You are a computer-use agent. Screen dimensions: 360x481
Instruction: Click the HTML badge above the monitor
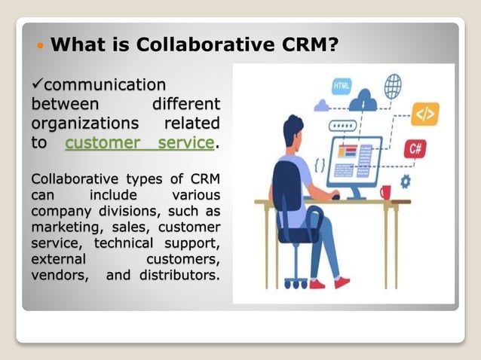[x=341, y=85]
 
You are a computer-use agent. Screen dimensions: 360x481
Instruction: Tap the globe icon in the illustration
[x=392, y=86]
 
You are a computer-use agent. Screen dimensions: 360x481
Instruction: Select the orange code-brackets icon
[x=425, y=114]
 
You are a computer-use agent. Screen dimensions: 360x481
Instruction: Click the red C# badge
[x=415, y=148]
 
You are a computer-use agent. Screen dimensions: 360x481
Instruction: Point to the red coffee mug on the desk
[x=385, y=192]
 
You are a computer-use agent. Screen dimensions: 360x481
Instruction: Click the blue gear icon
[x=406, y=182]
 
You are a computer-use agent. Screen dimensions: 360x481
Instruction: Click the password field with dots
[x=342, y=126]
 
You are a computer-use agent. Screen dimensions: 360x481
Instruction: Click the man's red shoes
[x=329, y=283]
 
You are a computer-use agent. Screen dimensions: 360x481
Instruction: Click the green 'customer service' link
[x=139, y=143]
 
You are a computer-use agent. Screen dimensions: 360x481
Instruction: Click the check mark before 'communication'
[x=37, y=83]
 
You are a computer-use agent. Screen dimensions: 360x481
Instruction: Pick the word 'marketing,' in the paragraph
[x=65, y=227]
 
